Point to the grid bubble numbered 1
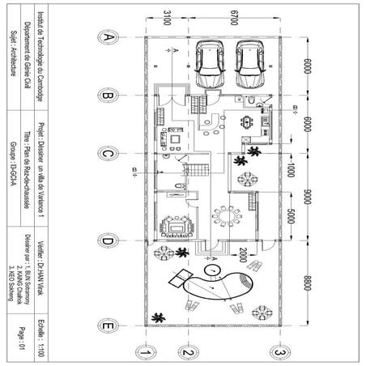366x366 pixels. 143,353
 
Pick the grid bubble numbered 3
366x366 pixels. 278,353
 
